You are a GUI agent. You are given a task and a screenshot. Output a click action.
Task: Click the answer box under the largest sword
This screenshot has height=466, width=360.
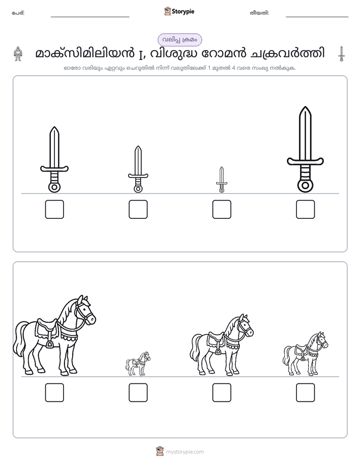pos(305,209)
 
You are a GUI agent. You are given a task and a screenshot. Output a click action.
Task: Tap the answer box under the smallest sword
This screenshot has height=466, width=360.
pos(221,209)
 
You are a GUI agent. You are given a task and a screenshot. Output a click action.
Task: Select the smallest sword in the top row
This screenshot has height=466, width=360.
pos(221,180)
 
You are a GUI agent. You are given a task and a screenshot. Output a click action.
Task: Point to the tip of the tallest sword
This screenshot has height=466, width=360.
pos(305,107)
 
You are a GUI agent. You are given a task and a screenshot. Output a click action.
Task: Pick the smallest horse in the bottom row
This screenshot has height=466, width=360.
pos(138,364)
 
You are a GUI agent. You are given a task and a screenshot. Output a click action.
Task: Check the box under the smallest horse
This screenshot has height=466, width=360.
pos(138,392)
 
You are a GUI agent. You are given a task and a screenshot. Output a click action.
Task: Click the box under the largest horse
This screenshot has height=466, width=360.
pos(54,392)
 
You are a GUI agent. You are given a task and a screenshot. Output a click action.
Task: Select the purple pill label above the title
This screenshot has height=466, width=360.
pos(179,40)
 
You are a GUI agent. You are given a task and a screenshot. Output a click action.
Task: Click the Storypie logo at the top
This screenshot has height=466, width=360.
pos(179,11)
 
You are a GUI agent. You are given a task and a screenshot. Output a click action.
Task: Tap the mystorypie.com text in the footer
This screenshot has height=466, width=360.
pos(185,452)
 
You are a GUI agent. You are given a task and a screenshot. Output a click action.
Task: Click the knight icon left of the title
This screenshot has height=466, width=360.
pos(18,54)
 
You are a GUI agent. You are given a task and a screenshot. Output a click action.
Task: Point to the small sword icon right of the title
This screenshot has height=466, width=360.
pos(341,54)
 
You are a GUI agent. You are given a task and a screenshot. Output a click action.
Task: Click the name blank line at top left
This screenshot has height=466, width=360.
pos(90,17)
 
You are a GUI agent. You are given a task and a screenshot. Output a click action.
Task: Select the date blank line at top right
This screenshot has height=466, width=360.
pos(317,17)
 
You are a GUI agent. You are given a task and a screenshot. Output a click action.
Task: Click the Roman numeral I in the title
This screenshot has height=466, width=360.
pos(141,54)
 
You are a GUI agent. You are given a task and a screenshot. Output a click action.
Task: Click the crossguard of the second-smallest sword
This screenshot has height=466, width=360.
pos(138,176)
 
